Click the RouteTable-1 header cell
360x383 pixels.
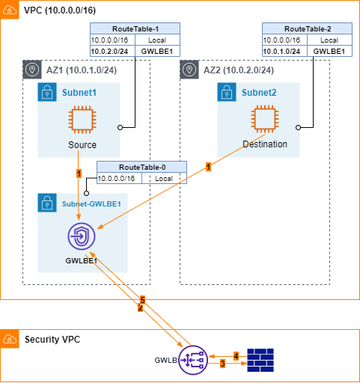point(135,28)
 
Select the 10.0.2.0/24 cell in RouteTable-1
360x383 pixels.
point(112,51)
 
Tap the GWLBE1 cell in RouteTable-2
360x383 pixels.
point(329,51)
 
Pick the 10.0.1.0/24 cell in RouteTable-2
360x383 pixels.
point(284,51)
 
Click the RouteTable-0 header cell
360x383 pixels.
point(141,167)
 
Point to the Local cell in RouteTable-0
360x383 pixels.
point(164,178)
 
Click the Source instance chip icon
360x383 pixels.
point(82,120)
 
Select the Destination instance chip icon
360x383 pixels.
point(265,119)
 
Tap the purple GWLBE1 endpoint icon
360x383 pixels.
point(82,236)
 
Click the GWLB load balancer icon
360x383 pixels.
point(193,360)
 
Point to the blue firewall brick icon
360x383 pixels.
point(260,360)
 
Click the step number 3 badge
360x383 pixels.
point(222,364)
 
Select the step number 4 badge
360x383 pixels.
point(236,356)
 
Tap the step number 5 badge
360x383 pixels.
point(142,300)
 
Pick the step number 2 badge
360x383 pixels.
point(141,307)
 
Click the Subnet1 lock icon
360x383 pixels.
point(47,92)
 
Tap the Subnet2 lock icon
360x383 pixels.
point(227,92)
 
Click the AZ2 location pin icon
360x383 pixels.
point(189,70)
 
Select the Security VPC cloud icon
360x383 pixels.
point(10,339)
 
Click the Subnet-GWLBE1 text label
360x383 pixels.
point(91,204)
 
